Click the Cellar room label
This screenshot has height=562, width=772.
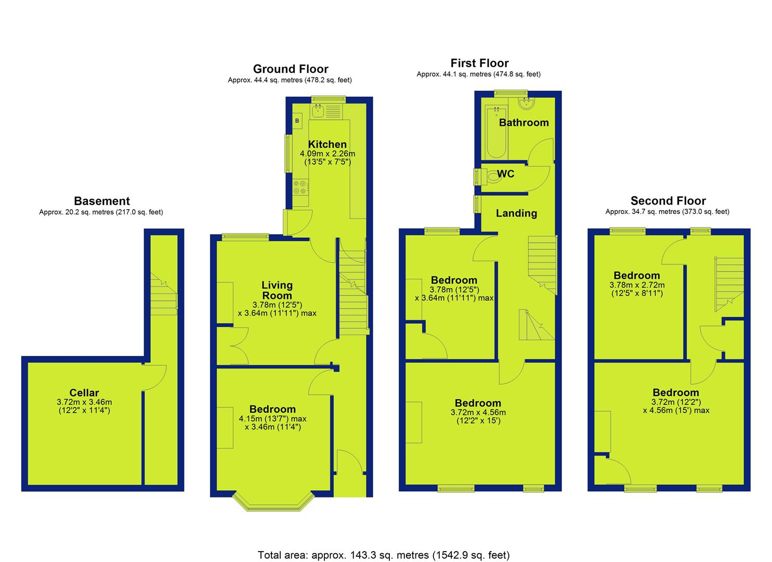tap(84, 392)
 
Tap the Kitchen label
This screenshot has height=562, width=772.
tap(327, 144)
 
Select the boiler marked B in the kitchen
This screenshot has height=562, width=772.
tap(297, 121)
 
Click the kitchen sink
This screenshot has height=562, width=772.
tap(317, 111)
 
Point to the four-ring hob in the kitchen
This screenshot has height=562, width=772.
tap(300, 187)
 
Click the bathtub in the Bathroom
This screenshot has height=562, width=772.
tap(496, 133)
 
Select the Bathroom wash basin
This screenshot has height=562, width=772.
tap(526, 104)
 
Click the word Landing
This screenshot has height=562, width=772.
tap(516, 213)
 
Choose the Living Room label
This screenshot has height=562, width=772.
tap(277, 290)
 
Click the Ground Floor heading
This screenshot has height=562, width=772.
tap(291, 69)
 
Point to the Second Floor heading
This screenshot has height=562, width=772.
tap(668, 201)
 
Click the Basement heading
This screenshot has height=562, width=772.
tap(102, 201)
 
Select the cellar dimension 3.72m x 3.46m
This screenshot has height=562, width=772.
tap(84, 402)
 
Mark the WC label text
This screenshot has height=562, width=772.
tap(506, 174)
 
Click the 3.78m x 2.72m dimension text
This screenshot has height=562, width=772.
tap(637, 285)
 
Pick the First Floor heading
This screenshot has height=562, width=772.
tap(479, 63)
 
